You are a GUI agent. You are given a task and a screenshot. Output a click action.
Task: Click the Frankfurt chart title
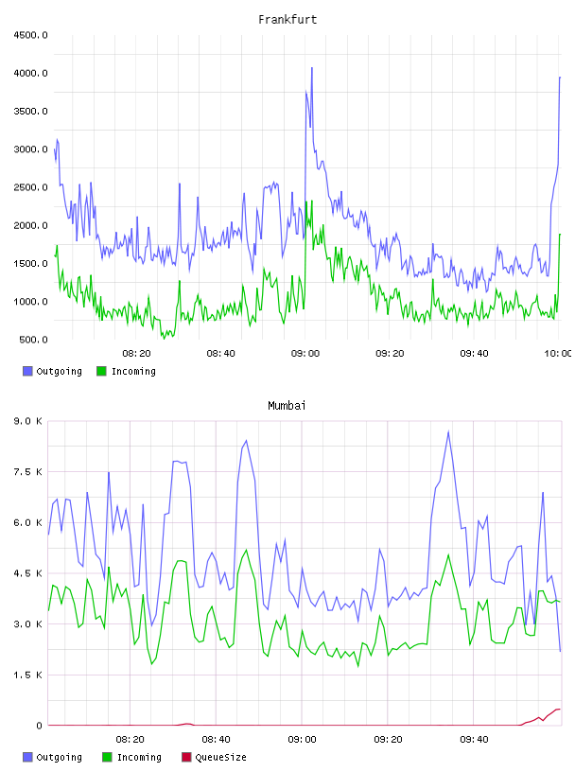coord(287,20)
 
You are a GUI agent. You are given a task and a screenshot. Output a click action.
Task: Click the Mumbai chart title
coord(287,406)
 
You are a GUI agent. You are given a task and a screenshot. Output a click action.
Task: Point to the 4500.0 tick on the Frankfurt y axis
coord(30,35)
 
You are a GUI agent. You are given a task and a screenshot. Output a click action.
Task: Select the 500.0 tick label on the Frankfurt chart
coord(33,340)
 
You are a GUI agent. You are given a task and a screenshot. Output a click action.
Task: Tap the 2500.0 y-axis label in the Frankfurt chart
coord(30,187)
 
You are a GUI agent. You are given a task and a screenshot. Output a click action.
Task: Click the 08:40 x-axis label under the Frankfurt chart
coord(220,354)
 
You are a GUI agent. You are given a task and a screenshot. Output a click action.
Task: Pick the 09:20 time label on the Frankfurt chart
coord(390,354)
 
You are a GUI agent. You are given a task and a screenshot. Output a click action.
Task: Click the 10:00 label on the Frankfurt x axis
coord(558,354)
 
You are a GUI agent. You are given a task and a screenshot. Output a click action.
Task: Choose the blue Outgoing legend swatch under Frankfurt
coord(27,371)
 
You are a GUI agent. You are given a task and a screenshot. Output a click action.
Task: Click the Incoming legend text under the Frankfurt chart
coord(133,372)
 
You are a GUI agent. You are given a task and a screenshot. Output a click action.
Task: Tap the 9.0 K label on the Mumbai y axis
coord(27,421)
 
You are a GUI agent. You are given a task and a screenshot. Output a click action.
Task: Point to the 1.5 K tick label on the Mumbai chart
coord(27,675)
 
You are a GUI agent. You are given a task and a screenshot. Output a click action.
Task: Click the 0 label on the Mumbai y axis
coord(39,726)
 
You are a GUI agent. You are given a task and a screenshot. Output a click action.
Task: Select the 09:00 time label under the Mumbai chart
coord(302,740)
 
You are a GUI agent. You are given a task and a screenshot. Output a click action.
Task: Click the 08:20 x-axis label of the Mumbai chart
coord(130,740)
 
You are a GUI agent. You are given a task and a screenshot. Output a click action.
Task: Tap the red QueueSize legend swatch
coord(186,757)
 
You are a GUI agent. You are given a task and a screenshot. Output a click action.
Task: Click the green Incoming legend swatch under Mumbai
coord(107,757)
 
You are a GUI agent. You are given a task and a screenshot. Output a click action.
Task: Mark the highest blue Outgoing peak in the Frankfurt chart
coord(312,68)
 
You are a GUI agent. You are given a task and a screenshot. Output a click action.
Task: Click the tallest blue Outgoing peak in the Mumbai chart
coord(448,431)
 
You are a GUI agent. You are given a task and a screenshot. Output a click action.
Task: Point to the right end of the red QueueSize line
coord(560,709)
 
